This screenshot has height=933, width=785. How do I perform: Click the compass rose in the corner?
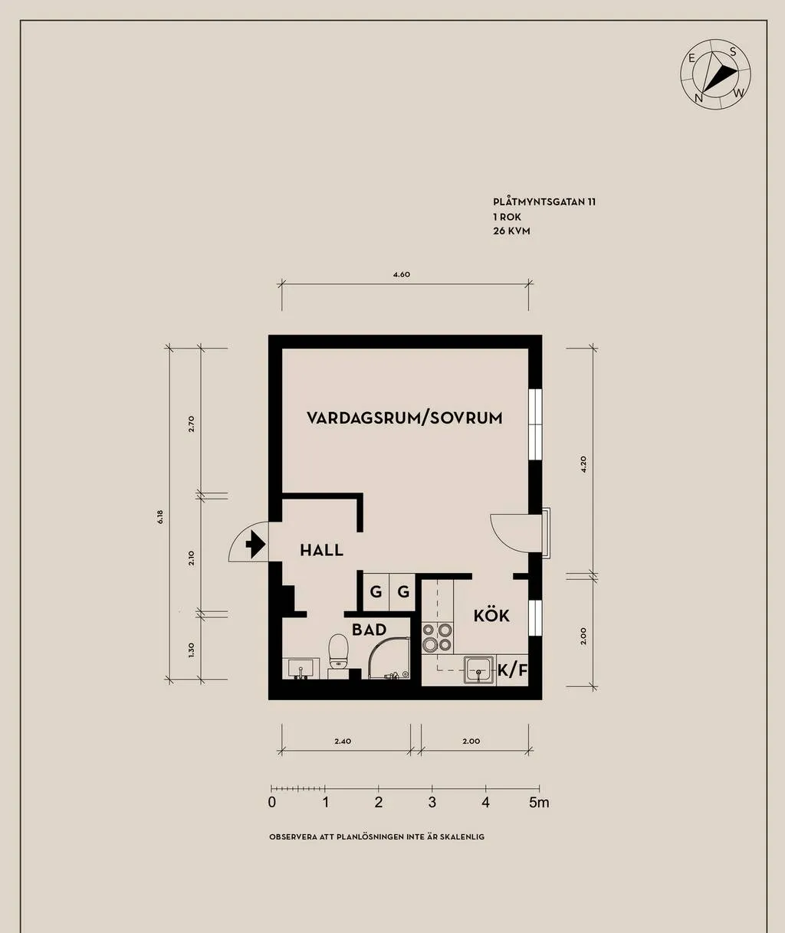coord(714,74)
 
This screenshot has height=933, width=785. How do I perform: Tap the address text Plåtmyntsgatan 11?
coord(544,202)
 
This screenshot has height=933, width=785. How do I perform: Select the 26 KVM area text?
coord(511,231)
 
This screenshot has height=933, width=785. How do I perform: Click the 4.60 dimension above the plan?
coord(401,274)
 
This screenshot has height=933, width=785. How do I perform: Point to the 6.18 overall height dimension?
coord(160,516)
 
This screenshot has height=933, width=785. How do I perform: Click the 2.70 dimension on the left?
coord(192,424)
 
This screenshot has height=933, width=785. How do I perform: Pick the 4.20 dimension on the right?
coord(583,465)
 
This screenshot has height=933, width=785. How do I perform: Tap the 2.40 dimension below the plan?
coord(343,741)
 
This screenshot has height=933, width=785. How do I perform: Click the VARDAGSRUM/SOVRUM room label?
coord(404,417)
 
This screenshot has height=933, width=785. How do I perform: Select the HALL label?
coord(321,550)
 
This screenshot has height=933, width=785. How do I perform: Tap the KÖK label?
coord(491,616)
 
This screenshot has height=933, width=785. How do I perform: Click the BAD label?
coord(369,630)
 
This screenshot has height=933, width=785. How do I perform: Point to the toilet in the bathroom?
coord(337,653)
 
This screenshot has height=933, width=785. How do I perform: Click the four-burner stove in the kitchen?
coord(438,637)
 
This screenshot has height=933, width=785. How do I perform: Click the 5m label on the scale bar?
coord(539,803)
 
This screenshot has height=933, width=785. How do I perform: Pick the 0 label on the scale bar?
coord(272,803)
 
